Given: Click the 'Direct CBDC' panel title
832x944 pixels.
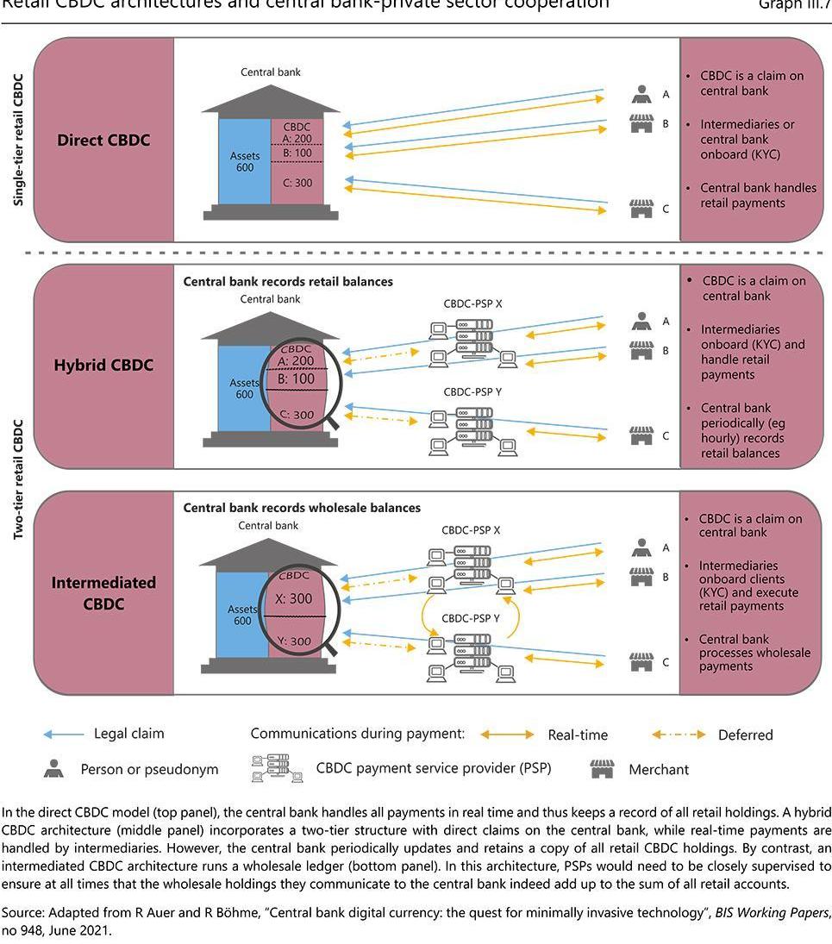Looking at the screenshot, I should (x=103, y=140).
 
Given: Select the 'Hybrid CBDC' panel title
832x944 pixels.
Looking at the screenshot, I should (x=103, y=365).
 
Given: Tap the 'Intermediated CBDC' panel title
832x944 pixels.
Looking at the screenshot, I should (x=103, y=593).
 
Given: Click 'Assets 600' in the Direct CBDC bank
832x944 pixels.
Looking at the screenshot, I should (x=245, y=161).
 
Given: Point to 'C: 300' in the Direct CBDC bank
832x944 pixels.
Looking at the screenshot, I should (x=297, y=183).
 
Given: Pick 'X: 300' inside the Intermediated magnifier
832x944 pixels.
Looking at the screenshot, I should (x=294, y=599).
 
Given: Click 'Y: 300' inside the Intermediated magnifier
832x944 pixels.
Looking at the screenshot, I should (x=294, y=641).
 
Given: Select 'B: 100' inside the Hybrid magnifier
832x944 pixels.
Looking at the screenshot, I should (x=297, y=378).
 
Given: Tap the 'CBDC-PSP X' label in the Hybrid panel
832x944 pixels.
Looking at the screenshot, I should (x=472, y=304).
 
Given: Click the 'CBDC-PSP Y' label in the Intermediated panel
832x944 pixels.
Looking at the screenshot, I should (x=471, y=618).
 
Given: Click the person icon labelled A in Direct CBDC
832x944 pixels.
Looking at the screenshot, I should (x=641, y=93).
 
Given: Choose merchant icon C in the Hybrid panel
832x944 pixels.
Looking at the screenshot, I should (x=641, y=434).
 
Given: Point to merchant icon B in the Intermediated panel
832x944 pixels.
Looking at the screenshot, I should (x=641, y=577).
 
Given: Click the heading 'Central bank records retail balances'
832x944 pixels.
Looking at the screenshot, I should (x=288, y=281).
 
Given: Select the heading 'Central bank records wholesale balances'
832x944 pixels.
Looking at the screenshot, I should (x=302, y=508).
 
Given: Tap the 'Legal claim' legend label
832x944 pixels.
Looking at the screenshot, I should (x=128, y=734).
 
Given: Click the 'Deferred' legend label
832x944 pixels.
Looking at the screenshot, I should (x=745, y=735).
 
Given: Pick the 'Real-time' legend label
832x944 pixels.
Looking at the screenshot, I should (x=578, y=735).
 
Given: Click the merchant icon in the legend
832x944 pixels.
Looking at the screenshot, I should (x=602, y=769).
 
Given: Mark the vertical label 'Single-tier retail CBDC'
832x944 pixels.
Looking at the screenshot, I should (x=18, y=139).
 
